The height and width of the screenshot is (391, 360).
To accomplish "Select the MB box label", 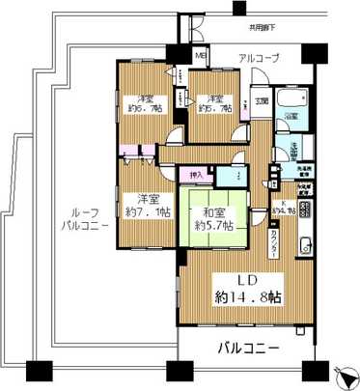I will click(201, 55).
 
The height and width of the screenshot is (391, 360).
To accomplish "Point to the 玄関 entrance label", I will click(263, 99).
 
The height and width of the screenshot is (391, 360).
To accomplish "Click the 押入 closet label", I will click(196, 175).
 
